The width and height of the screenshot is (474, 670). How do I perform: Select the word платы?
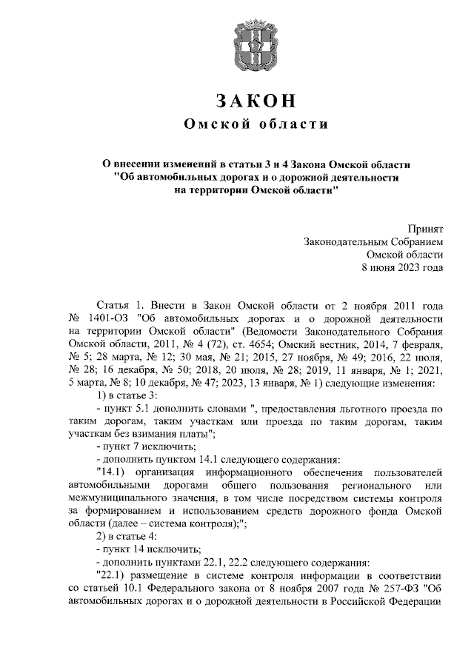[195, 433]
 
